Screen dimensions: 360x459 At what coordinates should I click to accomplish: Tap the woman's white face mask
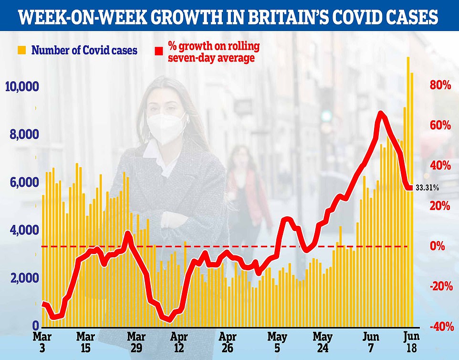(x=165, y=128)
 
